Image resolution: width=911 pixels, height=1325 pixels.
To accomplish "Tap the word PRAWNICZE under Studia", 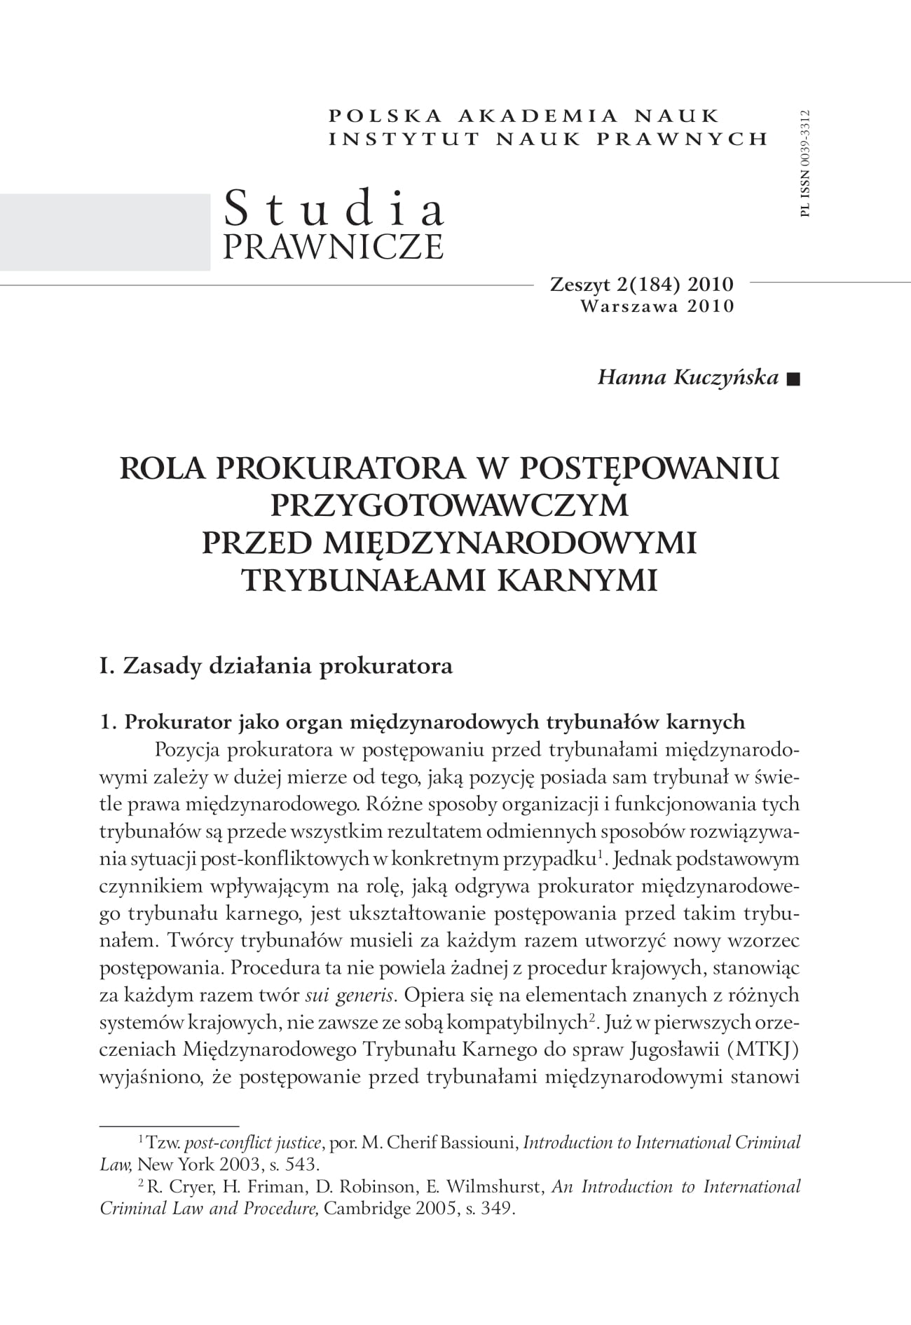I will pos(333,246).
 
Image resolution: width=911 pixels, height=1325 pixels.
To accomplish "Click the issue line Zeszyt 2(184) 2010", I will pos(642,284).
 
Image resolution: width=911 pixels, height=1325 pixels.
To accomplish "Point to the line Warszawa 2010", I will pos(657,306).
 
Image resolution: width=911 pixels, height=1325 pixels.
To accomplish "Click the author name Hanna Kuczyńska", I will pos(687,377).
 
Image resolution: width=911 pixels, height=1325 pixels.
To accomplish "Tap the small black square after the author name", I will pos(793,379).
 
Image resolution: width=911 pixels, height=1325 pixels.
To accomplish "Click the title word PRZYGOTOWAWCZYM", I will pos(449,505).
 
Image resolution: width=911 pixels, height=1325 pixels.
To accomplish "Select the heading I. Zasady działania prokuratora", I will pos(276,665).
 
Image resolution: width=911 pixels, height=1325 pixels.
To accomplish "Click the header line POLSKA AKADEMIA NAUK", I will pos(524,116).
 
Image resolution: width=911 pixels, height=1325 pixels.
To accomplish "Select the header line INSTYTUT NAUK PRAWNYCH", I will pos(549,139).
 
